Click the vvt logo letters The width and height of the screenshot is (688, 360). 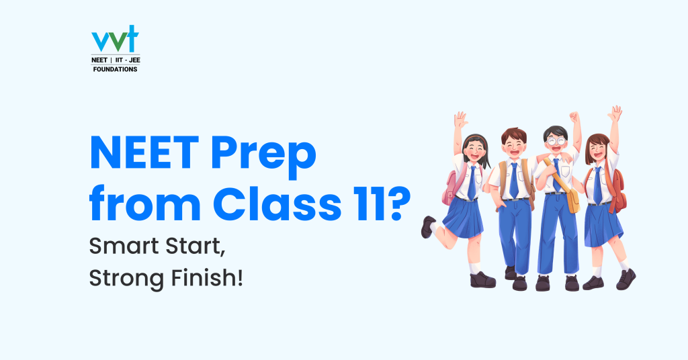click(115, 39)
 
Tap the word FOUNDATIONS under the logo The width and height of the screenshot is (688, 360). click(115, 69)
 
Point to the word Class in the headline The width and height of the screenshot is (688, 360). click(277, 202)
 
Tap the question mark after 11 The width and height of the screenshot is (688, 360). click(397, 202)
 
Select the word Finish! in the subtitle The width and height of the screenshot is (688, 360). click(207, 277)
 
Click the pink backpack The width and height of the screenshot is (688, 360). click(450, 189)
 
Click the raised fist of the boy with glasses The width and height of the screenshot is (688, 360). click(574, 117)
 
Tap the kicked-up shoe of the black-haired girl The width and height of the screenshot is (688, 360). click(427, 227)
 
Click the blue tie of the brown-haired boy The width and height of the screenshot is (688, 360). click(514, 181)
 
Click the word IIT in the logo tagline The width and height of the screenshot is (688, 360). click(119, 60)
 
